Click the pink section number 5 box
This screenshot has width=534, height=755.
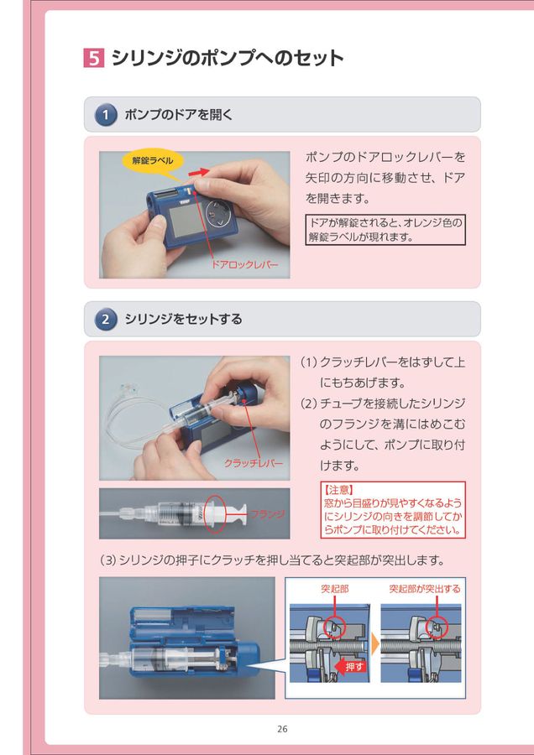[94, 58]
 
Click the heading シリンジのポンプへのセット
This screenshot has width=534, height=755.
[228, 58]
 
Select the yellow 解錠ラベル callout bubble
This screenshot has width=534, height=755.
[153, 159]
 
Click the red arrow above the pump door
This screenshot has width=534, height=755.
[198, 172]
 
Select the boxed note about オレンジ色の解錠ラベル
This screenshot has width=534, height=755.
[385, 230]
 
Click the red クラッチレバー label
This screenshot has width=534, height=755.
[253, 463]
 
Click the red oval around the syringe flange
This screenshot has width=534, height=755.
[215, 513]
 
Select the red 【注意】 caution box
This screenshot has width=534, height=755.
[392, 509]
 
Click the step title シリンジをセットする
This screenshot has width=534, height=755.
[183, 319]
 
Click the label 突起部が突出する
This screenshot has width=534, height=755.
[424, 589]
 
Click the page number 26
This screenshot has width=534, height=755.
[282, 729]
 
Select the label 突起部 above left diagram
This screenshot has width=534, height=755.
[335, 589]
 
